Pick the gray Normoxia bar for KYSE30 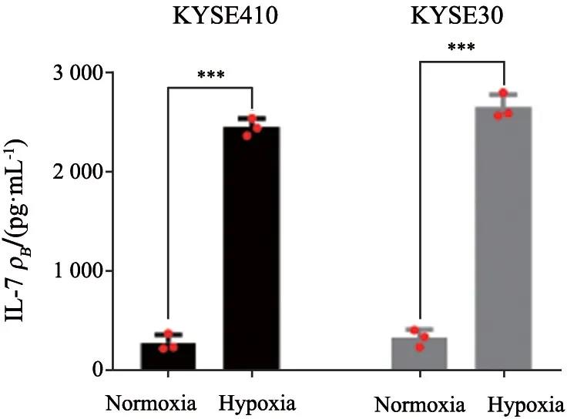pyautogui.click(x=420, y=354)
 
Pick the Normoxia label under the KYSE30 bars pyautogui.click(x=419, y=404)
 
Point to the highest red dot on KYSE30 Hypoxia pyautogui.click(x=504, y=93)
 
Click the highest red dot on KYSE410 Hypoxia pyautogui.click(x=251, y=119)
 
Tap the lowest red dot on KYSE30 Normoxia pyautogui.click(x=420, y=347)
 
